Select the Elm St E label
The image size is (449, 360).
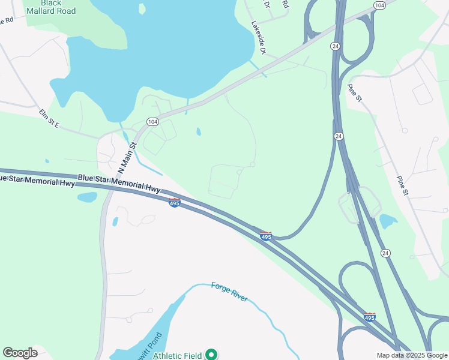tap(49, 118)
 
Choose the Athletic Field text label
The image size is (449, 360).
tap(177, 355)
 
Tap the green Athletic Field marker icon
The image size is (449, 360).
tap(211, 355)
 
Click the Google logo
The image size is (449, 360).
tap(20, 353)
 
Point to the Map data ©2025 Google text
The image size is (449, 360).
tap(411, 355)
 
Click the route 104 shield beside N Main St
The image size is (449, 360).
tap(153, 121)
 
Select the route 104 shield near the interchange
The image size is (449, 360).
tap(379, 5)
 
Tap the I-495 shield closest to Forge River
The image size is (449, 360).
tap(266, 236)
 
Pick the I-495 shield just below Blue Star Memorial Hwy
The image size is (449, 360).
tap(174, 203)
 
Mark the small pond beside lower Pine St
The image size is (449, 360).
tap(388, 221)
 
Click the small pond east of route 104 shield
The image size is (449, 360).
tap(198, 131)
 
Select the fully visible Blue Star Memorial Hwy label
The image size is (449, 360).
tap(119, 182)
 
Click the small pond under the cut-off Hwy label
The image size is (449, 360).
tap(86, 197)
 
